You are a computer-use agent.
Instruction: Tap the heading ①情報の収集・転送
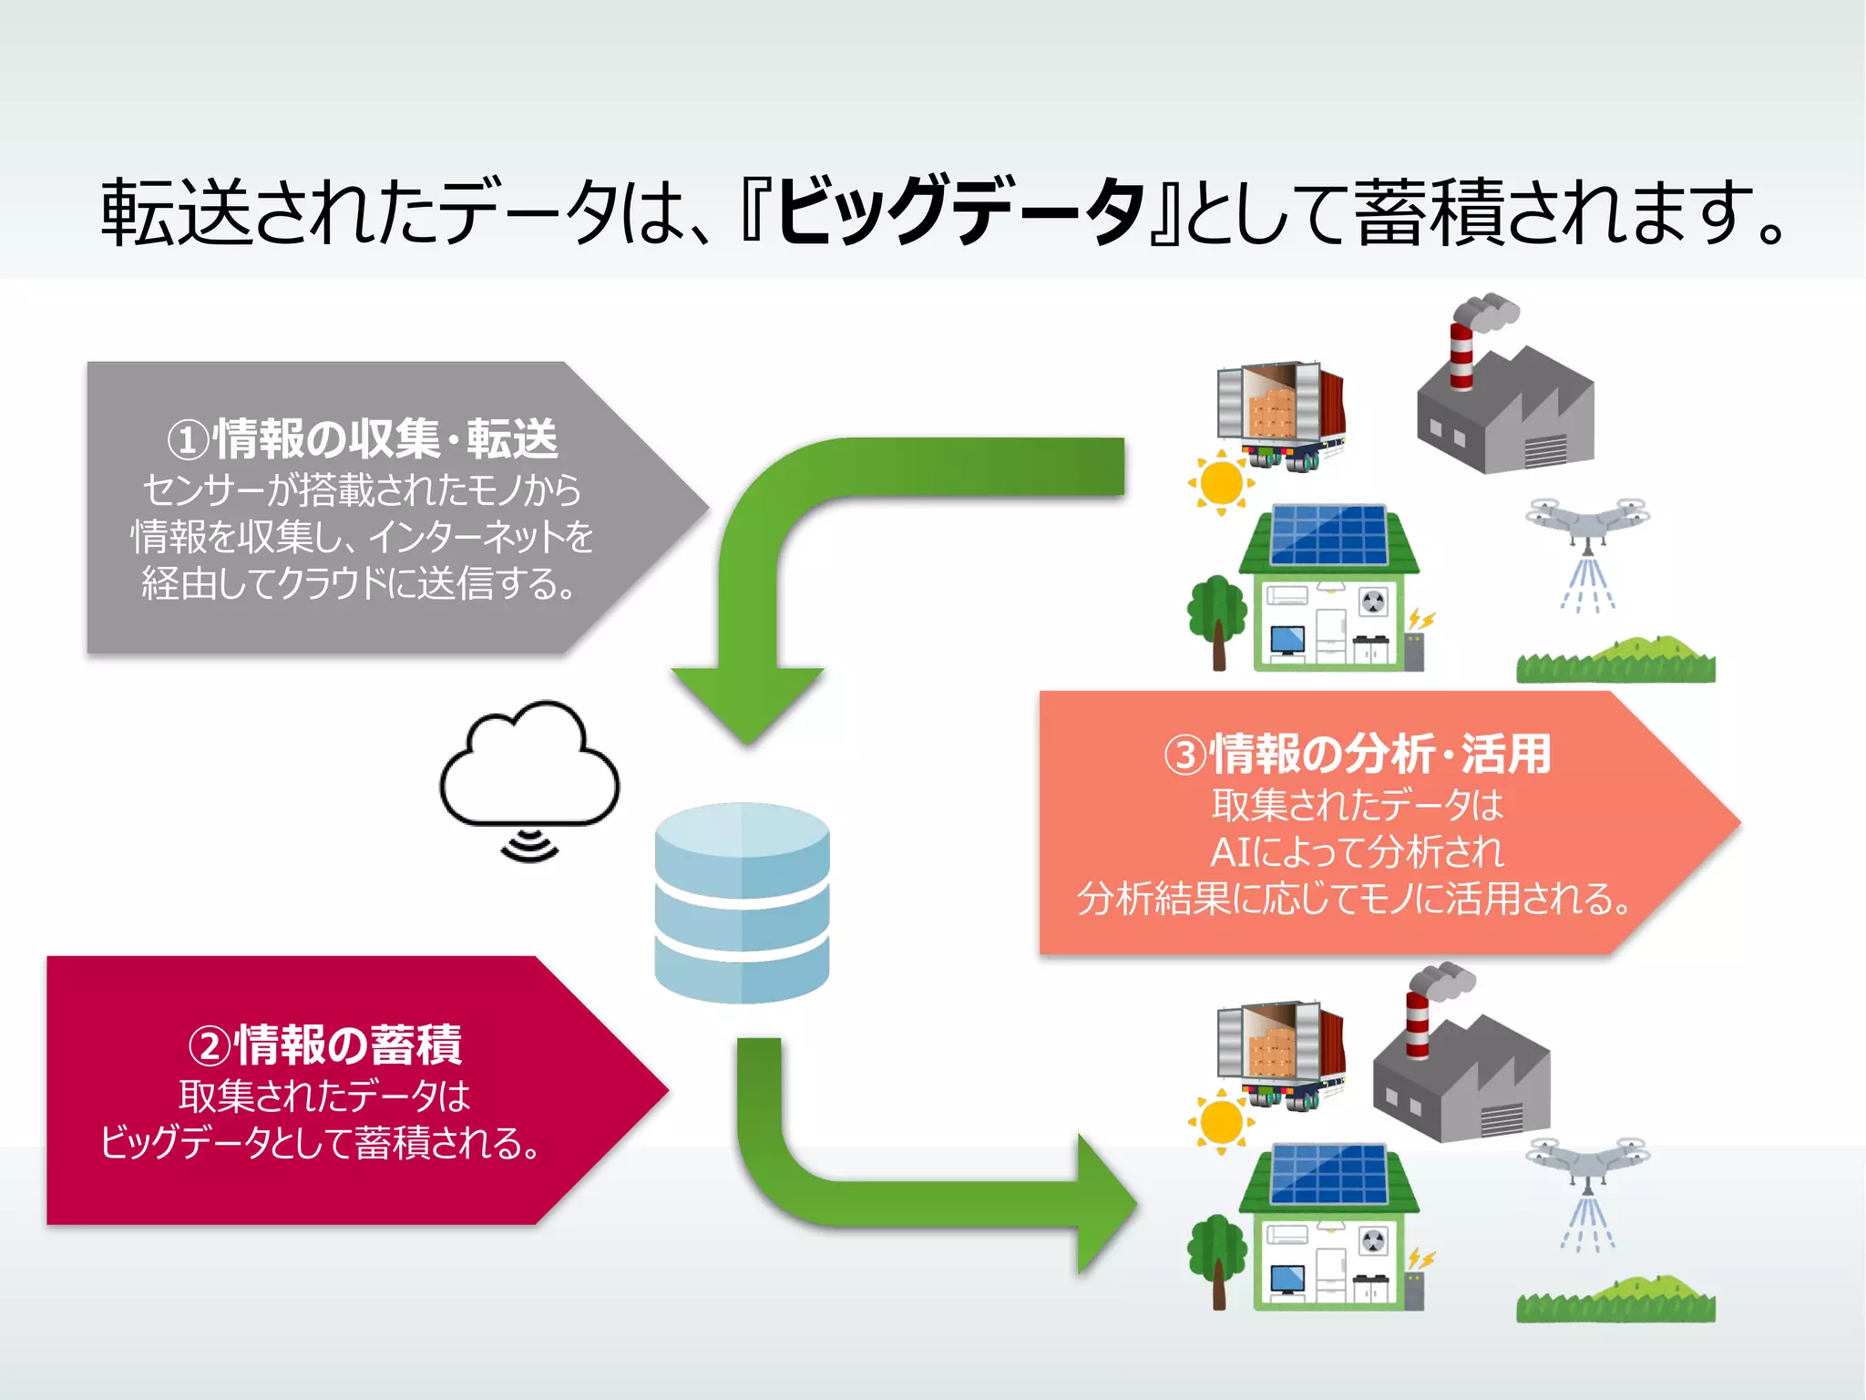(x=362, y=439)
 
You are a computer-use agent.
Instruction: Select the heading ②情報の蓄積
(x=324, y=1045)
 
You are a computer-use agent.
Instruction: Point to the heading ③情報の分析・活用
(x=1357, y=755)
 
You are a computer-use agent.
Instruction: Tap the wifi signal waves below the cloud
(x=529, y=846)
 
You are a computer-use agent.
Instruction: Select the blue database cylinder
(x=742, y=902)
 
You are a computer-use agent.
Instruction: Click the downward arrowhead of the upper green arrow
(x=747, y=702)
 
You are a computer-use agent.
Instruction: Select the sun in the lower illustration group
(x=1221, y=1121)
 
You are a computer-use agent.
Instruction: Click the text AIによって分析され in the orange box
(x=1357, y=853)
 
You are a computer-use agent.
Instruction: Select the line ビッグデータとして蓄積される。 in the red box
(x=321, y=1143)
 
